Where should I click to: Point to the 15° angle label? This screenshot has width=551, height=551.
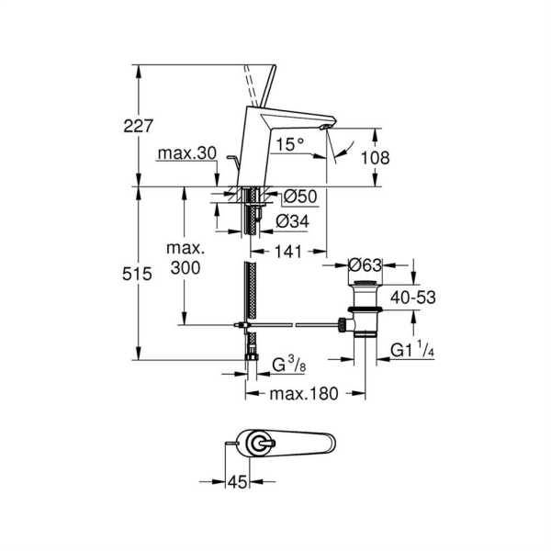290,144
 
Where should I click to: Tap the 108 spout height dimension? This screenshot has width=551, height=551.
374,158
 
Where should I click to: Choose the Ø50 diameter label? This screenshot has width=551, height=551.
299,196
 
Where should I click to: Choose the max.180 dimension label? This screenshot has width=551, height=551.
305,393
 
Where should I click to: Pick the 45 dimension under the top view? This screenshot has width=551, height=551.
238,481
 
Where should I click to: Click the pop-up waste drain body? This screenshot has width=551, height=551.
365,308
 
